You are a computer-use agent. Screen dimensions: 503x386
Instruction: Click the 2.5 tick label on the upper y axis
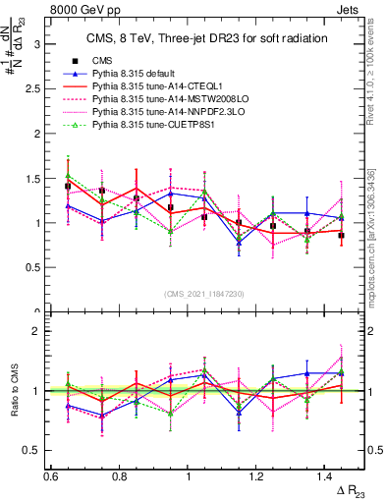(x=31, y=89)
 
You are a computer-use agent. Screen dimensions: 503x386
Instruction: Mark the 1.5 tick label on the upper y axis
(x=31, y=179)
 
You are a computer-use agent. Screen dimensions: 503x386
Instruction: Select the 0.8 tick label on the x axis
(x=118, y=475)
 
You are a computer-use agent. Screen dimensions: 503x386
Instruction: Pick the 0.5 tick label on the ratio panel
(x=31, y=450)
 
